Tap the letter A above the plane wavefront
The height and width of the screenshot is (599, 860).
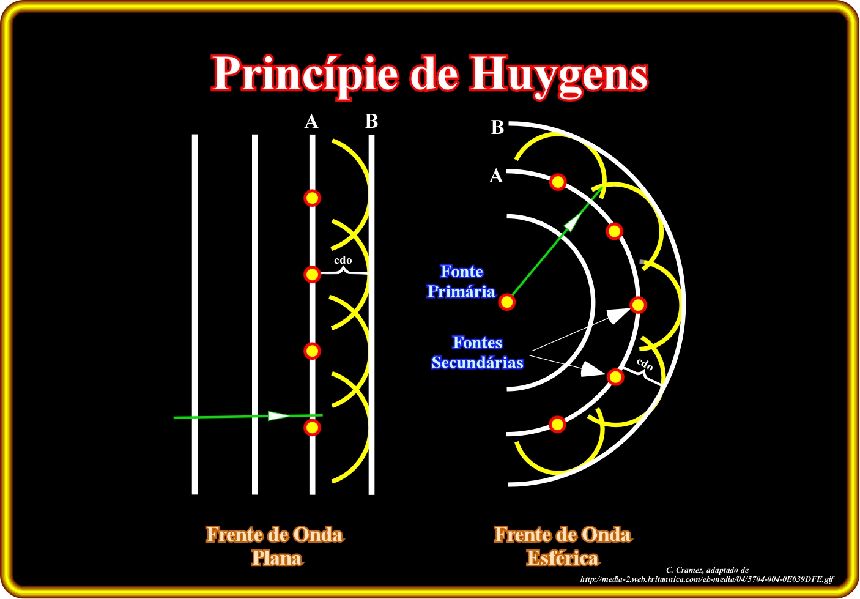click(x=311, y=122)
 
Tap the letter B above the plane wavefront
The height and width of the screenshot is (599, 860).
click(x=372, y=121)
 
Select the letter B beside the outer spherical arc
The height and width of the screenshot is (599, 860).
click(x=497, y=127)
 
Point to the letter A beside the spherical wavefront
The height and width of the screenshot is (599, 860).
click(x=496, y=176)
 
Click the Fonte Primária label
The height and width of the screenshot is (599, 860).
click(x=461, y=281)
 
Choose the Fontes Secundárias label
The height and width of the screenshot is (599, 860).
click(x=477, y=352)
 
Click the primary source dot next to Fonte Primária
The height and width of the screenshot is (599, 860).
click(x=507, y=302)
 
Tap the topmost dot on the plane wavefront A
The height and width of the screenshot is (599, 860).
click(x=312, y=198)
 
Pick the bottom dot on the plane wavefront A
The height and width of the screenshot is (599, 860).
click(x=312, y=427)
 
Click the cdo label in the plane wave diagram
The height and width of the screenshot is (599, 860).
click(x=343, y=260)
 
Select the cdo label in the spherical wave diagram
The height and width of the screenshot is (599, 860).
click(x=645, y=365)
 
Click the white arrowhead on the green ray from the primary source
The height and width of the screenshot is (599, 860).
click(x=574, y=222)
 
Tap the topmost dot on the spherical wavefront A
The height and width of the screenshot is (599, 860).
click(x=558, y=182)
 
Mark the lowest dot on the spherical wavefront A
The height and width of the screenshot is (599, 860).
click(x=557, y=425)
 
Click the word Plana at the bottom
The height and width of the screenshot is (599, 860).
click(x=277, y=558)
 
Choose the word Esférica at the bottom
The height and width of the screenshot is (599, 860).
click(x=563, y=558)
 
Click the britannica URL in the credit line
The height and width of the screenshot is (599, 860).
click(x=707, y=579)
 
